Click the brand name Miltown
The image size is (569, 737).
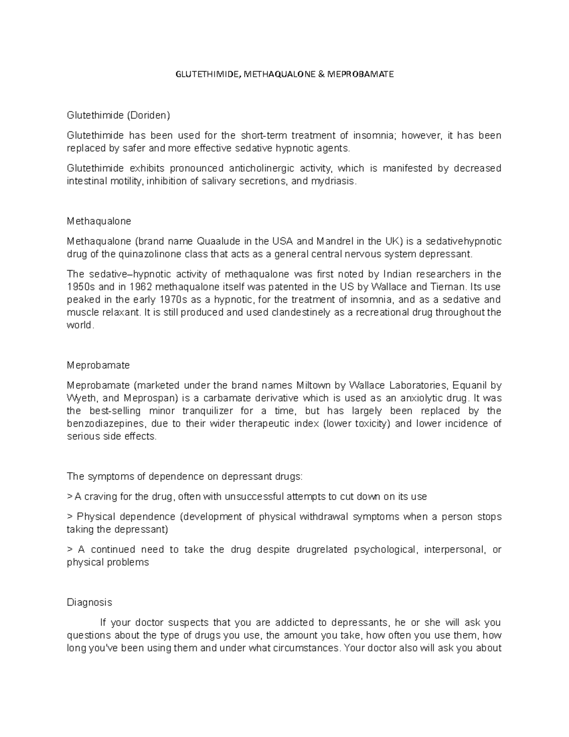coord(313,385)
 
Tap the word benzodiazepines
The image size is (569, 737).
coord(108,423)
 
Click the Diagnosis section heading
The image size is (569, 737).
coord(90,602)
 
